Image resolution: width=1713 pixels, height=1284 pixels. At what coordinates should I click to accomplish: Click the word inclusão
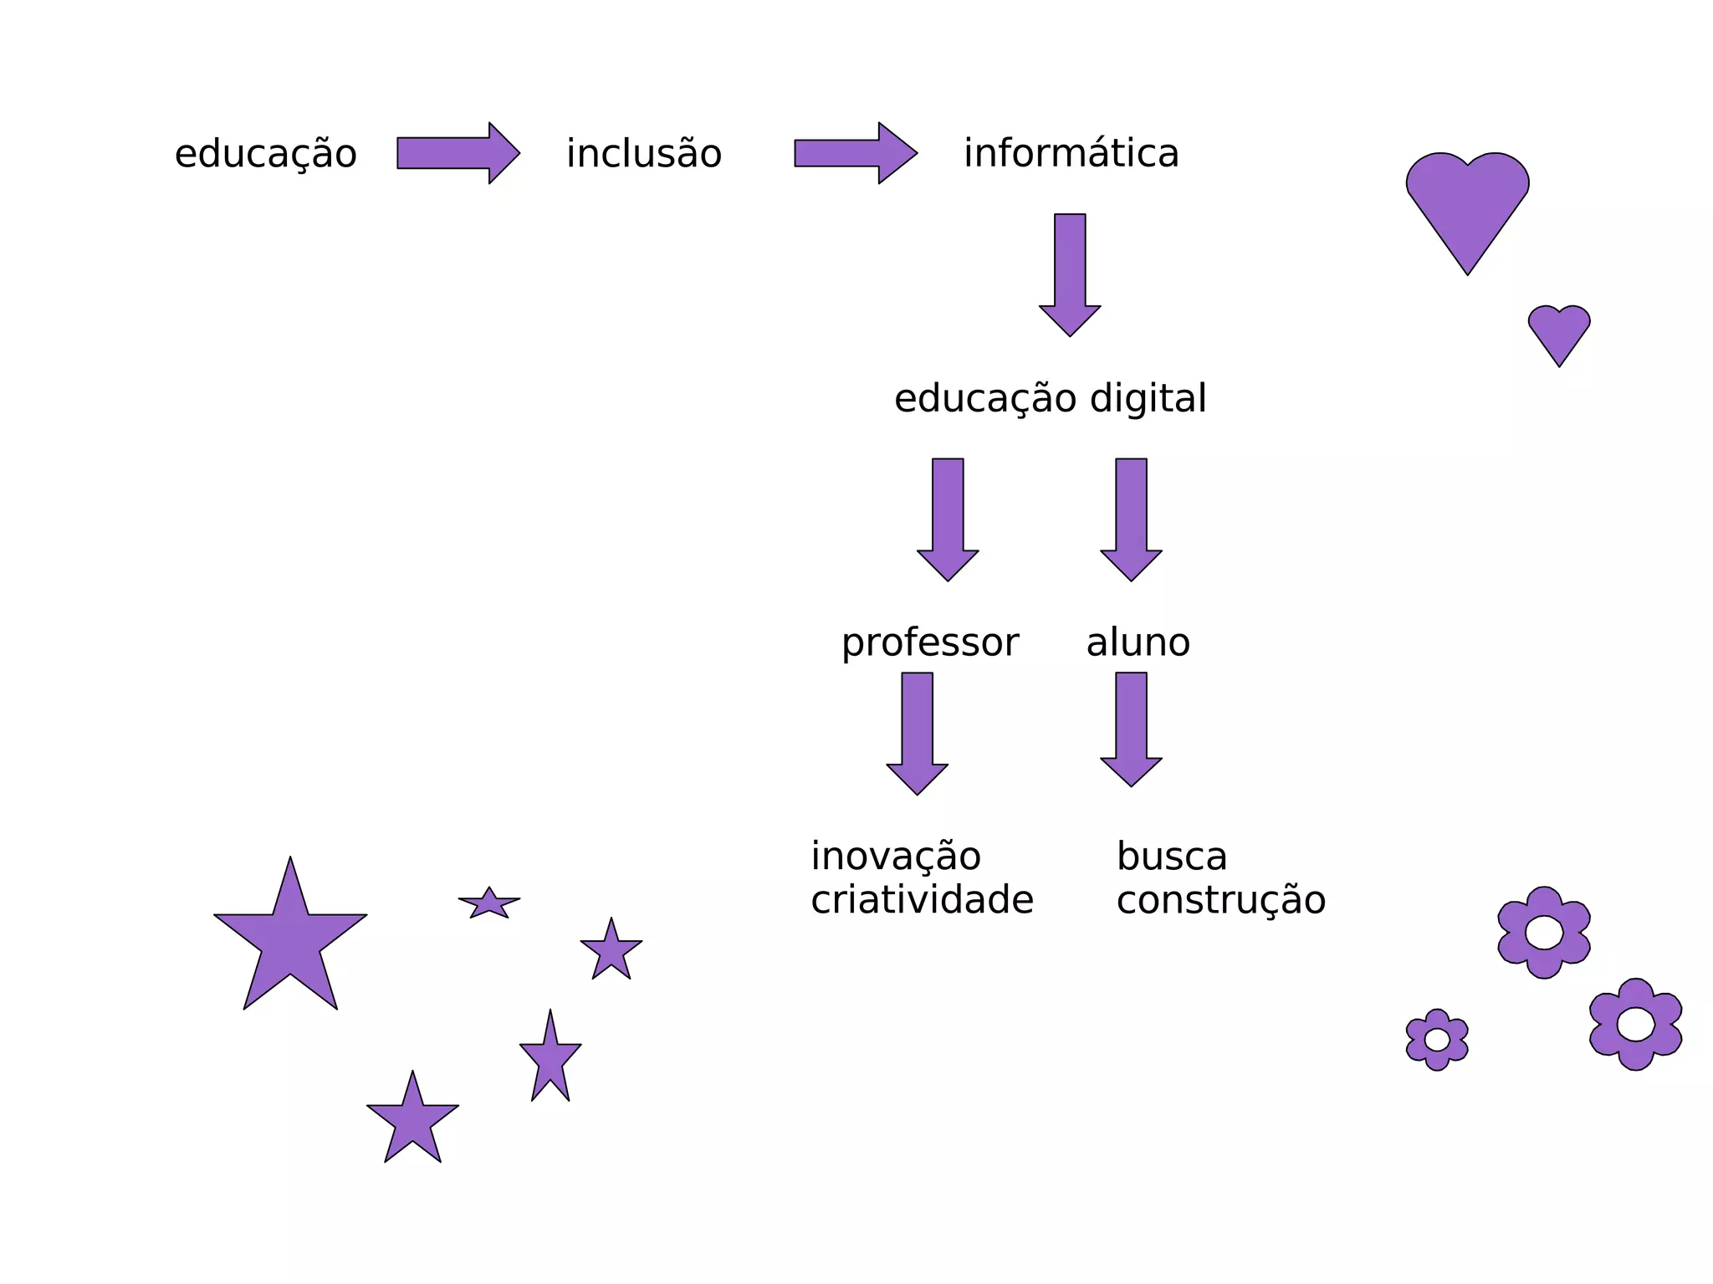point(643,154)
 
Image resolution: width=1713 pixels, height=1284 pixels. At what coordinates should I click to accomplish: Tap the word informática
point(1071,153)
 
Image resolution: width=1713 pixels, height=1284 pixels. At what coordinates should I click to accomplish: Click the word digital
point(1148,398)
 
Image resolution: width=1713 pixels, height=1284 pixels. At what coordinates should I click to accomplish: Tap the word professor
point(929,643)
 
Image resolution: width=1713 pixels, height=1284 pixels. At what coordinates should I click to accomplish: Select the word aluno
point(1138,642)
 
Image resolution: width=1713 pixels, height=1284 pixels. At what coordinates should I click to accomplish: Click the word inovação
point(895,857)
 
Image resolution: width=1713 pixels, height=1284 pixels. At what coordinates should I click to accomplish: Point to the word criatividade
point(922,900)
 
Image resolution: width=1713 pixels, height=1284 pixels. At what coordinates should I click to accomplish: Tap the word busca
point(1171,857)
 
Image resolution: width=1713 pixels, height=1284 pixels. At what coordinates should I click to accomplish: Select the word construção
point(1220,900)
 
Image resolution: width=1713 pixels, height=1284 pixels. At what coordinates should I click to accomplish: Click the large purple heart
point(1467,205)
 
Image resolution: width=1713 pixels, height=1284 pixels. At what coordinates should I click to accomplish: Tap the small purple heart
point(1559,331)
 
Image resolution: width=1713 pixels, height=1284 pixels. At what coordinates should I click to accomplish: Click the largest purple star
point(290,941)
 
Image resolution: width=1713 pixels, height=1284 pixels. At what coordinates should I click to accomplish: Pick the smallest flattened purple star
point(489,903)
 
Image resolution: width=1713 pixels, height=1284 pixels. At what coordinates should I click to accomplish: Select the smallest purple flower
point(1437,1040)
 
